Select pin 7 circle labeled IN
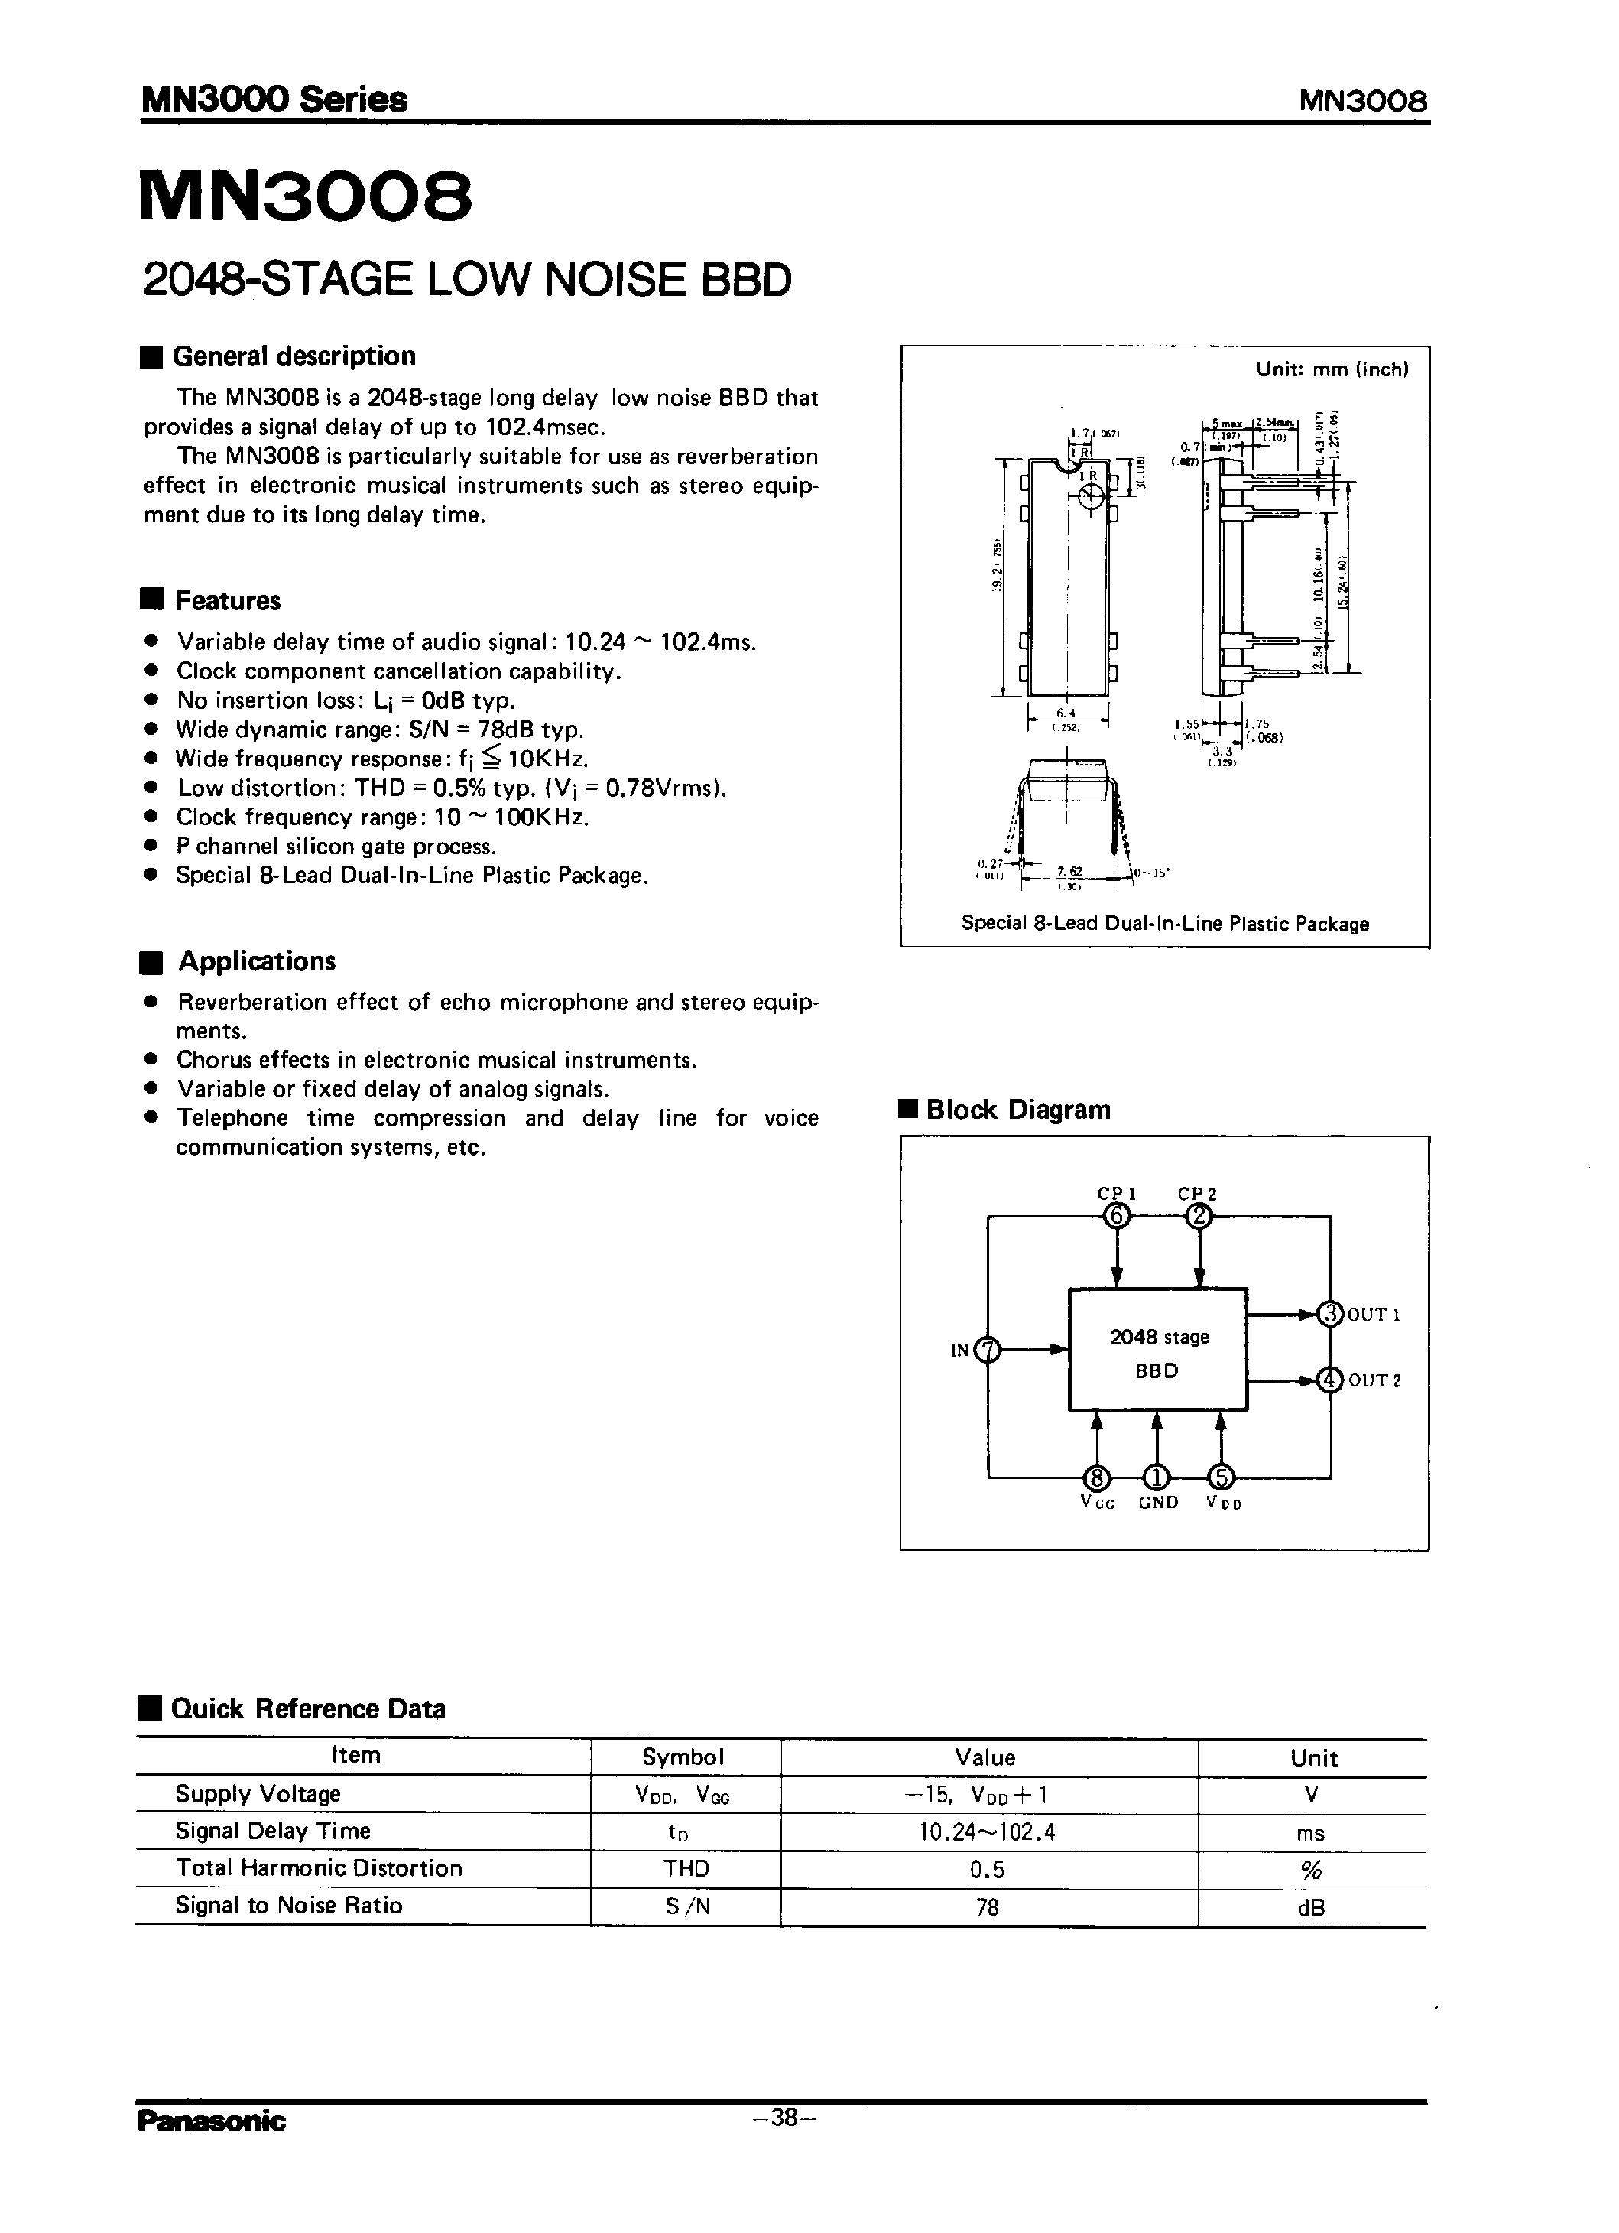(987, 1349)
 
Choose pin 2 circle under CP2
(1198, 1217)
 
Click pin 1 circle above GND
(1157, 1477)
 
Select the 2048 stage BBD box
(1157, 1349)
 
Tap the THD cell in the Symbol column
(685, 1867)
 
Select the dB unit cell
(1311, 1907)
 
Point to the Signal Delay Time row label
(273, 1830)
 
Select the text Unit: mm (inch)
(1332, 369)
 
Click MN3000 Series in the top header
(274, 99)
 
